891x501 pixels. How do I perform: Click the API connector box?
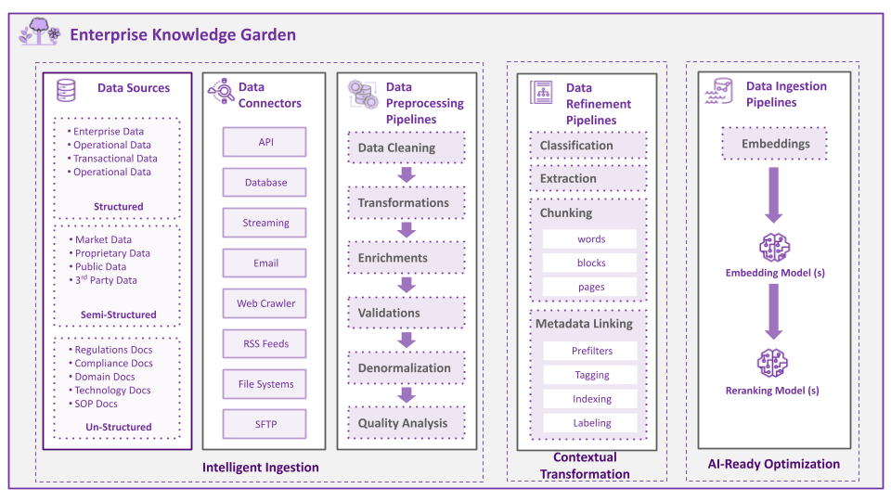point(265,142)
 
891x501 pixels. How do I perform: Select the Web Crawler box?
point(265,303)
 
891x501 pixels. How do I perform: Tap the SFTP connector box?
point(265,424)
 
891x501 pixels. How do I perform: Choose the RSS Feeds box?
point(265,343)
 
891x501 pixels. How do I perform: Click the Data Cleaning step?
point(407,148)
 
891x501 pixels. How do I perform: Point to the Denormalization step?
point(407,367)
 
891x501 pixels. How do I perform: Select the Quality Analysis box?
point(407,423)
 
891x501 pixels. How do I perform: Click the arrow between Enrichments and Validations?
point(406,286)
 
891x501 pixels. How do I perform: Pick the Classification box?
point(588,146)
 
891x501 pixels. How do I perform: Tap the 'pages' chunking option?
point(590,287)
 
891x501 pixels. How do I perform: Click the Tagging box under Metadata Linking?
point(591,375)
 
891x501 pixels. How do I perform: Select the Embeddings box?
point(774,144)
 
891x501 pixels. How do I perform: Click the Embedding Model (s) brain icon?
point(774,248)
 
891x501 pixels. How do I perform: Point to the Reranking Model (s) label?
point(773,391)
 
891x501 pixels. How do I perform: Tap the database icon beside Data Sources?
point(66,89)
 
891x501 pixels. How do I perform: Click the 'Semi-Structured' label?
point(119,315)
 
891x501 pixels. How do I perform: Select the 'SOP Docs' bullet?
point(97,404)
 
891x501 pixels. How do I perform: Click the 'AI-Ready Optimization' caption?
point(773,464)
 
